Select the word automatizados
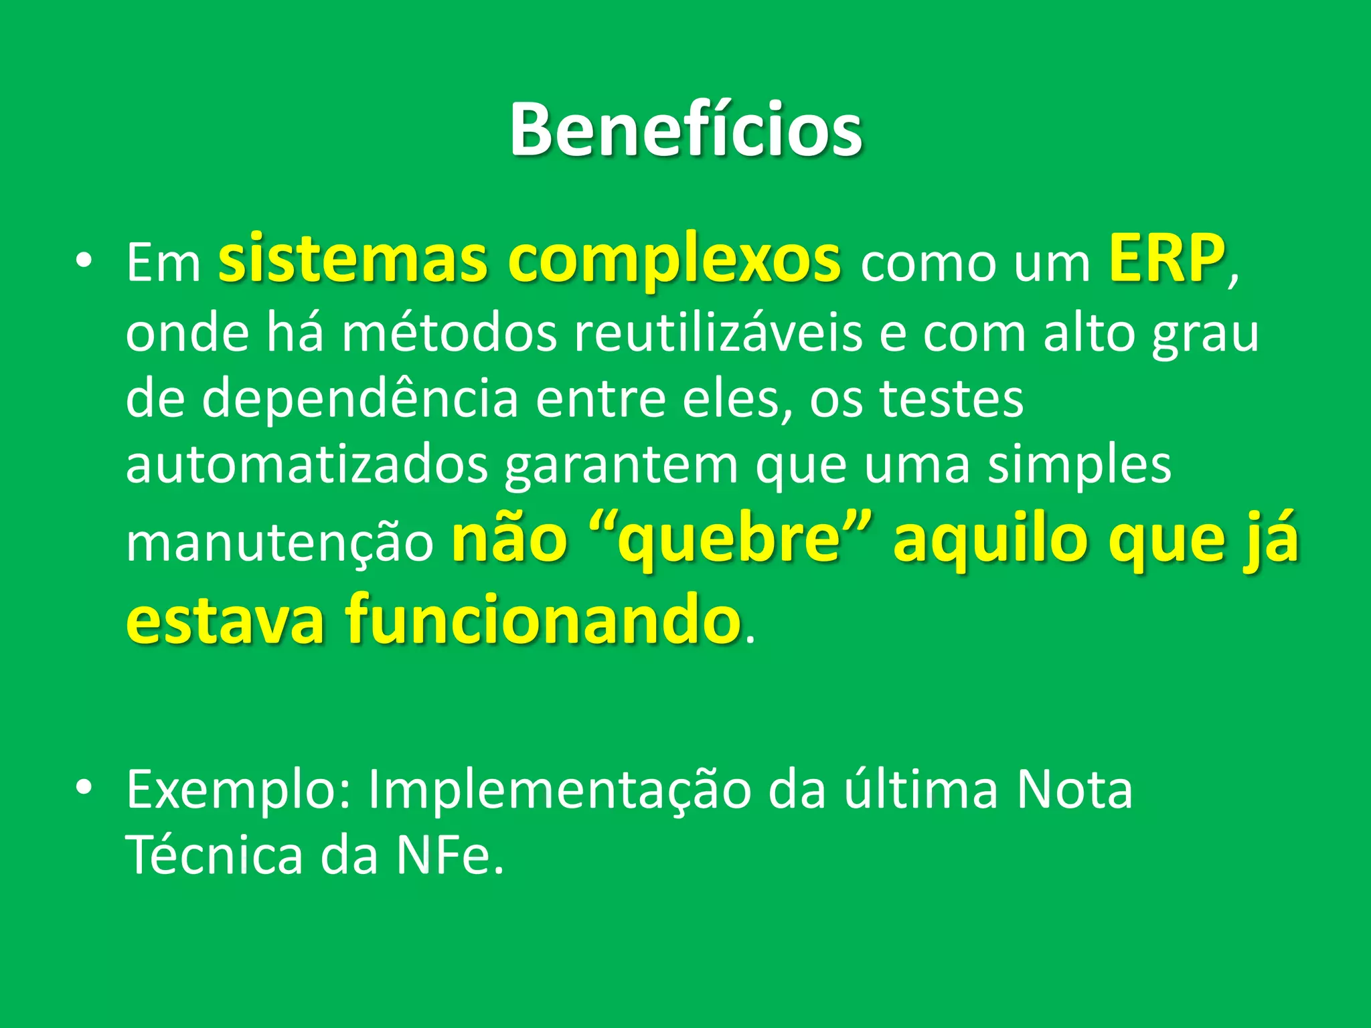[x=307, y=465]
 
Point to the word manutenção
[x=280, y=542]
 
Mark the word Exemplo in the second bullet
[x=238, y=790]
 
